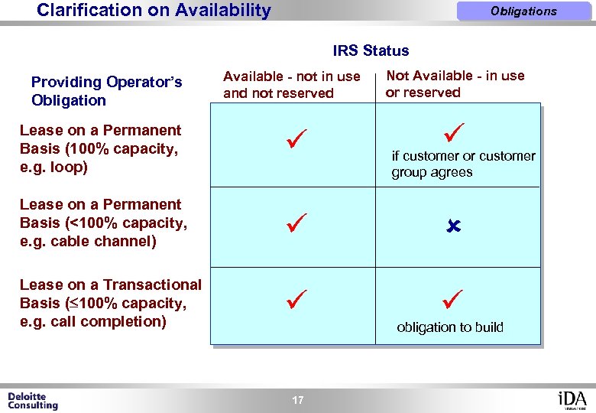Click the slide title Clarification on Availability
(154, 11)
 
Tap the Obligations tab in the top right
(523, 11)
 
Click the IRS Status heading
(371, 51)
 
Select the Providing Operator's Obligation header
(106, 91)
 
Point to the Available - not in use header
(291, 84)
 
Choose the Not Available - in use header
(455, 83)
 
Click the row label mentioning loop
(100, 148)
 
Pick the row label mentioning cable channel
(103, 223)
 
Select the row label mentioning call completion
(110, 303)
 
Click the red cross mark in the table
(452, 227)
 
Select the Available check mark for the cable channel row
(296, 224)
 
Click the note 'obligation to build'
(450, 327)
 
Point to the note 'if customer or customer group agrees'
(463, 164)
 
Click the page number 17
(297, 400)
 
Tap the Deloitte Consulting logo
(33, 401)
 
